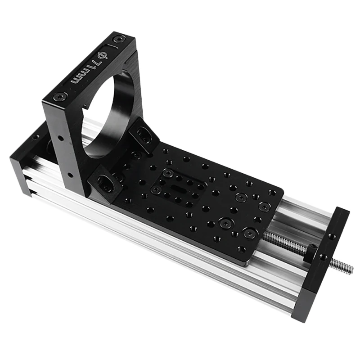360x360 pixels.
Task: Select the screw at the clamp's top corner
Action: (x=118, y=39)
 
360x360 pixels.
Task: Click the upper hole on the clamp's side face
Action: (x=58, y=136)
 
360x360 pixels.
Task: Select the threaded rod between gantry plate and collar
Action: (x=283, y=240)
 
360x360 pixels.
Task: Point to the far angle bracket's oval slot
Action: (x=144, y=134)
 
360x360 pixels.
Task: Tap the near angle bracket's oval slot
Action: (x=104, y=182)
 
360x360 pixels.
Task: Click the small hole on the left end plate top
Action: (x=36, y=137)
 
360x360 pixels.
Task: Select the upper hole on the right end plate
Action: (x=332, y=235)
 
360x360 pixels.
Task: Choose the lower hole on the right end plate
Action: (x=322, y=257)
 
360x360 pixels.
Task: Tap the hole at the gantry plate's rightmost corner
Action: (x=272, y=192)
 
